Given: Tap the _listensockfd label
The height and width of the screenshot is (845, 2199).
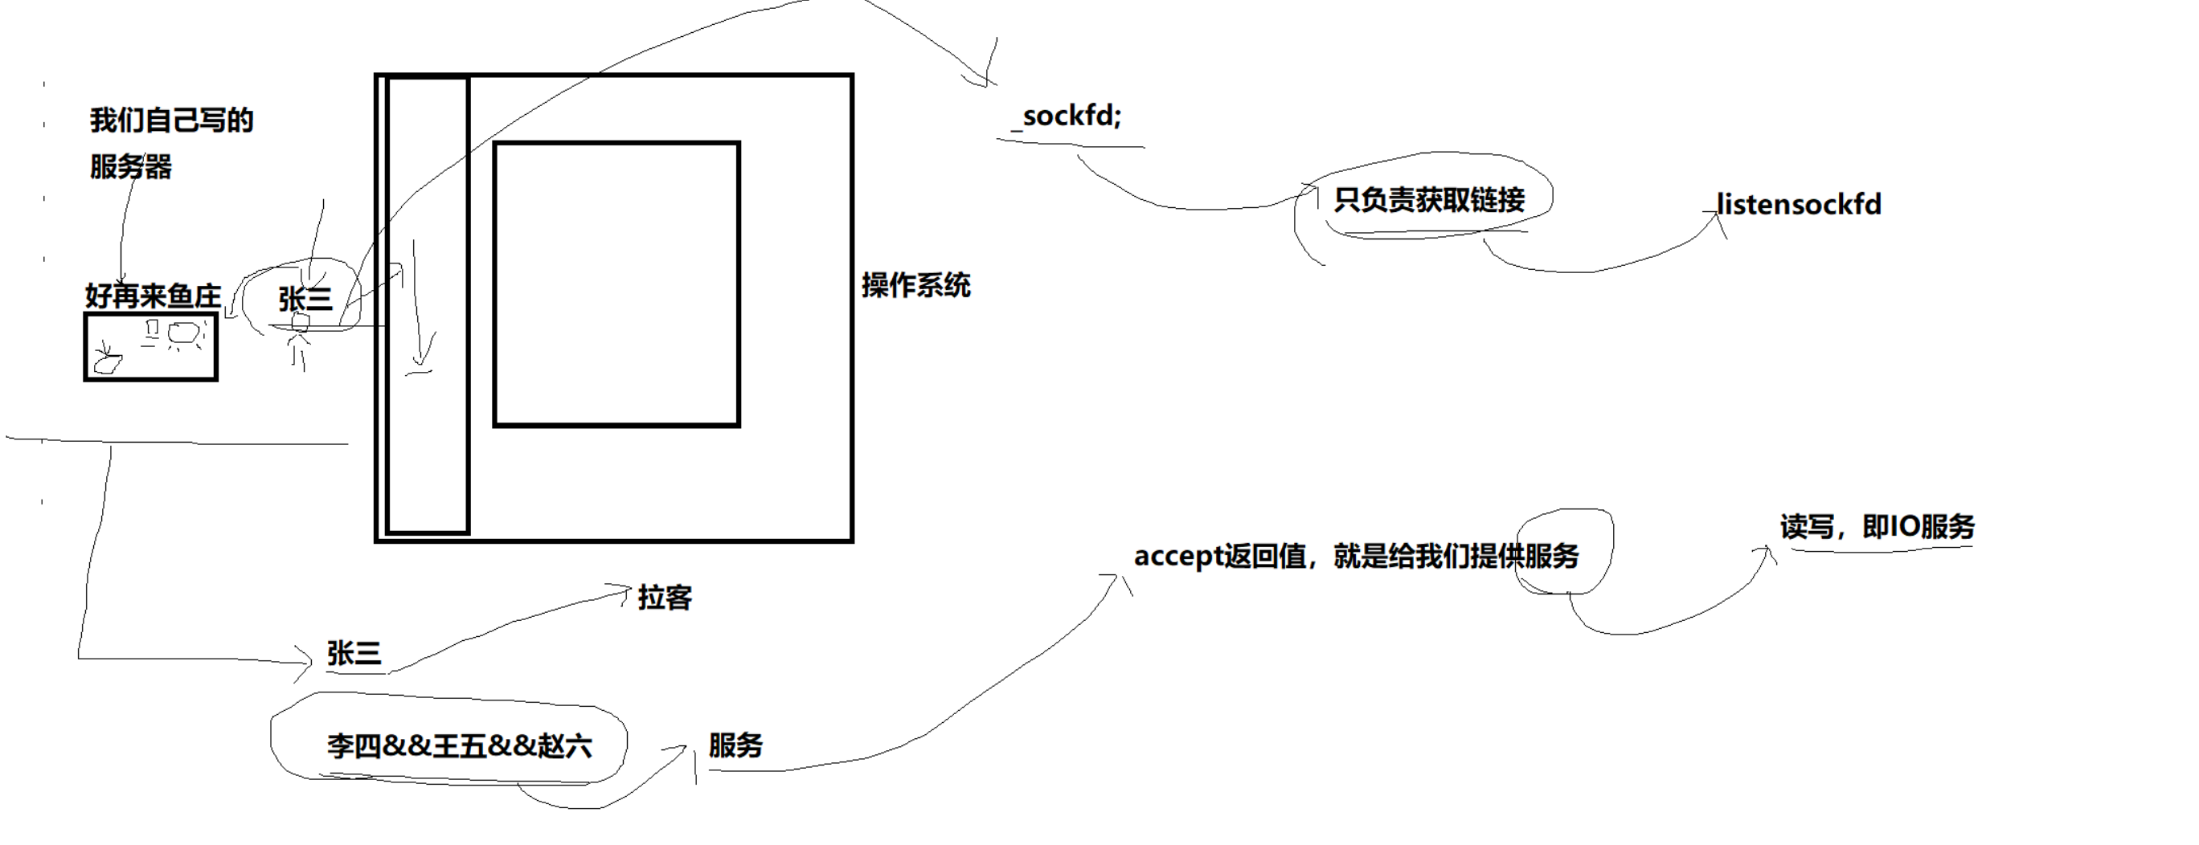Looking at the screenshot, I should click(1798, 205).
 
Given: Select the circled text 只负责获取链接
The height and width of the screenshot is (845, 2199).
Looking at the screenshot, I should click(1429, 200).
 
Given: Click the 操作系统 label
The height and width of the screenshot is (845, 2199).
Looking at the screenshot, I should click(915, 285).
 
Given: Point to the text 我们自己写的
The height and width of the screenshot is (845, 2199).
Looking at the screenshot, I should click(171, 120).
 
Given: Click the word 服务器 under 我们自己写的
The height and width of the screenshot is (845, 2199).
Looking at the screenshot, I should click(131, 166).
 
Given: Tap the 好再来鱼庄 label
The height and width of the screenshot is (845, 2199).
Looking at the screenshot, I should click(153, 296).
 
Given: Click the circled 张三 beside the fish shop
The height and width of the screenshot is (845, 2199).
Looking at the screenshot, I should click(305, 299).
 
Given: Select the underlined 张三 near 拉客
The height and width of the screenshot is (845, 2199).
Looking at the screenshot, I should click(354, 654).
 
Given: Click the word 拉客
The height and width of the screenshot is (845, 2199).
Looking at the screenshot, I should click(664, 598).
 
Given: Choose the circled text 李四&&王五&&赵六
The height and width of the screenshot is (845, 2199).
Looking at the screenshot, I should click(458, 746).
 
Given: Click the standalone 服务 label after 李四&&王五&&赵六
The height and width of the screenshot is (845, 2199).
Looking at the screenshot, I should click(735, 745).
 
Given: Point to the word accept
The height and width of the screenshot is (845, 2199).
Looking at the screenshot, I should click(1179, 557).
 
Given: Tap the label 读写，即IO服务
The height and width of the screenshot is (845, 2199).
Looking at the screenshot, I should click(1877, 527).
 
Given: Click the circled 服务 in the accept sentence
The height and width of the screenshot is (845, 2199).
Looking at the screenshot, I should click(1551, 557).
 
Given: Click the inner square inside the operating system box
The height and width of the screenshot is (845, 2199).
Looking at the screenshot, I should click(616, 284).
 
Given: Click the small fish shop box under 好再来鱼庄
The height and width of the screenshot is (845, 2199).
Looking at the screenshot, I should click(150, 346).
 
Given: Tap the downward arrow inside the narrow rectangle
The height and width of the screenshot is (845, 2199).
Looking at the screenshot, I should click(418, 308).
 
